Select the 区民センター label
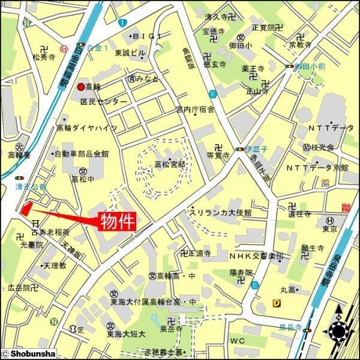pos(104,101)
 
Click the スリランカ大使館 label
pos(220,213)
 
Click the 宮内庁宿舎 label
pos(195,109)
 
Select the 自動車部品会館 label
pos(81,154)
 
